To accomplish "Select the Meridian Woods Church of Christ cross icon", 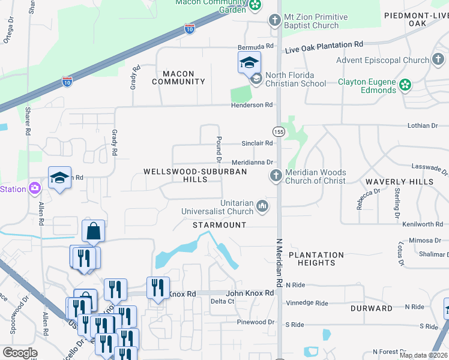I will pos(276,176).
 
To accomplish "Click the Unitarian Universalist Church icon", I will pos(262,206).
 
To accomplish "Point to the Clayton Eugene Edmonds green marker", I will pos(406,85).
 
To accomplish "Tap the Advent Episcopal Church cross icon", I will pos(439,60).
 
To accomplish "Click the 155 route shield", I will pos(279,131).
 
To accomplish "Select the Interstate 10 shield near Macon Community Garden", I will pos(189,29).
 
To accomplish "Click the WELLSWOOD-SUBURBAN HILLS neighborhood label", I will pos(195,175).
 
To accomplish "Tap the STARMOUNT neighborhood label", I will pos(219,225).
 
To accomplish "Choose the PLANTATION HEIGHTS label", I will pos(316,259).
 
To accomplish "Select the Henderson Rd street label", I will pos(252,105).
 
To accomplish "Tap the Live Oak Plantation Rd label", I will pos(324,44).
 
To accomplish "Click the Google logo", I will pos(20,353).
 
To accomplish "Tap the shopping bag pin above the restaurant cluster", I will pos(94,231).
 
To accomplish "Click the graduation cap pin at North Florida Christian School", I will pos(249,62).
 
